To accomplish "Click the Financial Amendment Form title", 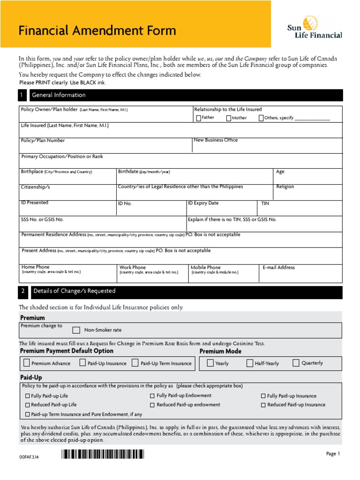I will coord(97,31).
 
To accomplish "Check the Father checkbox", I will coord(198,118).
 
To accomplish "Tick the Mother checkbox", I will coord(228,118).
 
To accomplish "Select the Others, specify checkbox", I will coord(261,118).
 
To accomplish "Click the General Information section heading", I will coord(59,95).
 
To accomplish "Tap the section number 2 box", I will coord(23,291).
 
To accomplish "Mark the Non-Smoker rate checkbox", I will coord(76,330).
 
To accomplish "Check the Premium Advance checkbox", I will coord(26,363).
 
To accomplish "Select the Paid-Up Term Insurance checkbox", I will coord(135,363).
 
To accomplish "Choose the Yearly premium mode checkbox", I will coord(210,363).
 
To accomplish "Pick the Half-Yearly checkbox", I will coord(250,363).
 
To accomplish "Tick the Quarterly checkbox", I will coord(296,363).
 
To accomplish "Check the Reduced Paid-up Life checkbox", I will coord(28,405).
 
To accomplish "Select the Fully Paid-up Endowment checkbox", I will coord(152,396).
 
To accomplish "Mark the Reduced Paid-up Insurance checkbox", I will coord(263,405).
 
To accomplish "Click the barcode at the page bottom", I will coord(103,454).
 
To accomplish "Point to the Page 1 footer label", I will coord(333,454).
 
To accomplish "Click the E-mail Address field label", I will coord(278,268).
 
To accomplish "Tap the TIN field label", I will coord(265,203).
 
